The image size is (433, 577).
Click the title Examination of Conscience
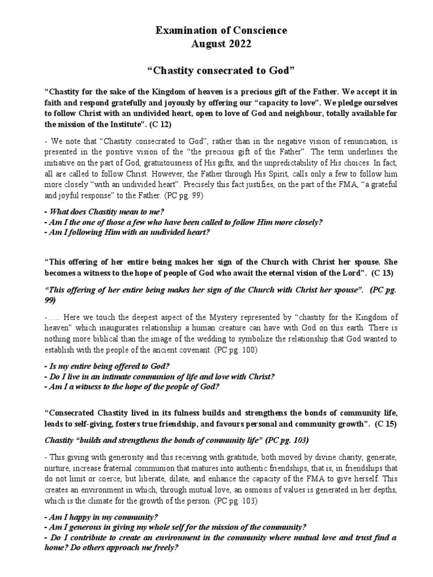tap(216, 30)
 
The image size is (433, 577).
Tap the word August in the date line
tap(201, 43)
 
